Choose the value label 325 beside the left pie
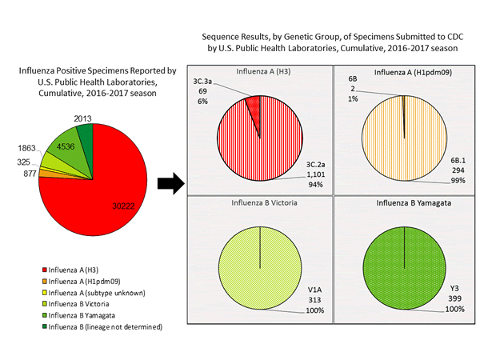pyautogui.click(x=25, y=162)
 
